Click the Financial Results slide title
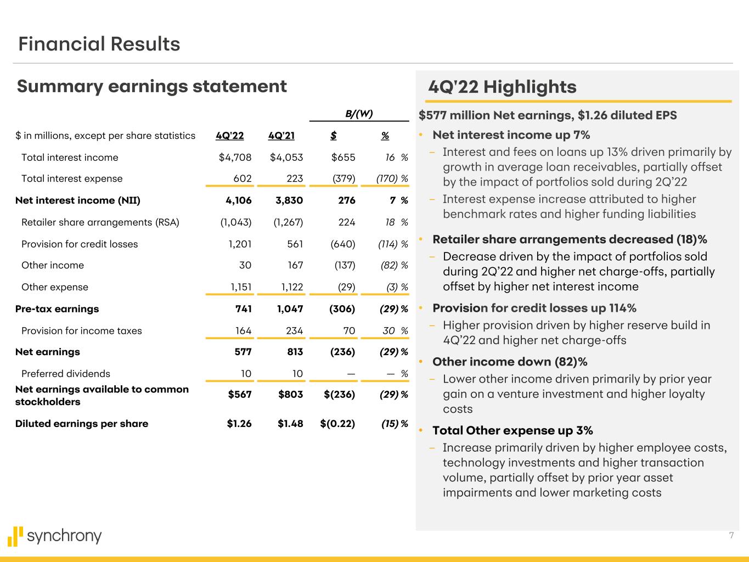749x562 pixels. pos(99,44)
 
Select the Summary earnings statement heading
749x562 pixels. pos(151,86)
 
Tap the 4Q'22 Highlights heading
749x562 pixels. pos(502,87)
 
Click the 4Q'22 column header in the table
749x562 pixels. pos(229,136)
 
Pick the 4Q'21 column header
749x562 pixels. pos(281,136)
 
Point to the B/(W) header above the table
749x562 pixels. pos(359,114)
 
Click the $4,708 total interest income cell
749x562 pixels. pos(235,158)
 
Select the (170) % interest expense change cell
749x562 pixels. pos(392,178)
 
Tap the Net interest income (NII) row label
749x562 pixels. pos(78,200)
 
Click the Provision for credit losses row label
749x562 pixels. pos(80,244)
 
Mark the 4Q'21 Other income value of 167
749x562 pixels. pos(294,265)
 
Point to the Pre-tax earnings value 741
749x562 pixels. pos(243,309)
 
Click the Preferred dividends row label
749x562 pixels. pos(65,374)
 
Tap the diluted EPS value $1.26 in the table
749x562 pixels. pos(239,424)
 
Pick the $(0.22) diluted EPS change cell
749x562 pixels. pos(337,424)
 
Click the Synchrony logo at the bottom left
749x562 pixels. pos(55,536)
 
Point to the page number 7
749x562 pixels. pos(731,536)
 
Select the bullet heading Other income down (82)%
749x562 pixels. pos(510,362)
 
